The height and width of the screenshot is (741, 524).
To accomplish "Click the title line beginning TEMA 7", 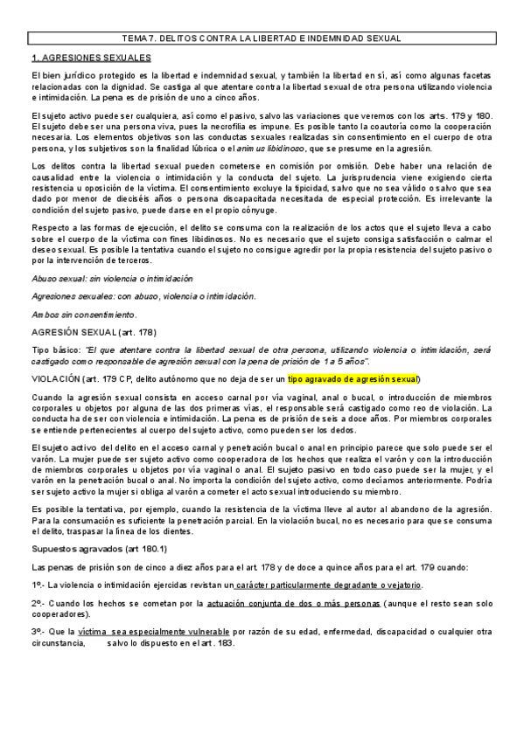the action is [x=262, y=39].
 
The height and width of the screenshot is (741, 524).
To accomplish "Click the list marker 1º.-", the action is [x=38, y=584].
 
